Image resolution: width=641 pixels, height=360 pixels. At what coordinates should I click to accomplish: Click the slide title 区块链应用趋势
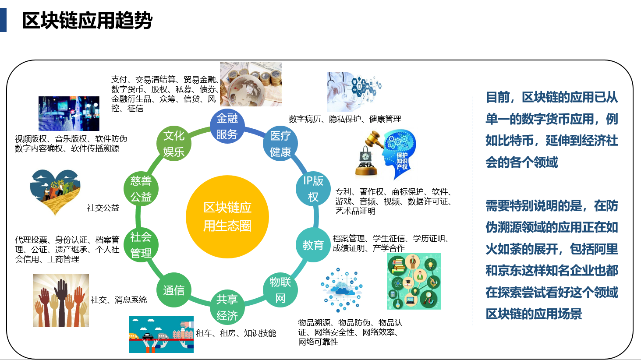coord(87,21)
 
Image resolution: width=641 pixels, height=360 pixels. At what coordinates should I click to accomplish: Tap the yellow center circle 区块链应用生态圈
coord(227,217)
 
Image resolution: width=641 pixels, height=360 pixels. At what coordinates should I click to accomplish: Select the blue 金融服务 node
coord(227,126)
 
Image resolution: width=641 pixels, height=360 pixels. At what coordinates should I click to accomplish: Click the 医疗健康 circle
coord(280,144)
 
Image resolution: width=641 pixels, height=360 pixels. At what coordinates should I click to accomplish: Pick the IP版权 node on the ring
coord(313,189)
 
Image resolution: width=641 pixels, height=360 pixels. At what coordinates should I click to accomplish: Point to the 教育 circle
coord(313,245)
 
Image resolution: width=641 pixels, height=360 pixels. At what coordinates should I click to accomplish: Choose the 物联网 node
coord(280,290)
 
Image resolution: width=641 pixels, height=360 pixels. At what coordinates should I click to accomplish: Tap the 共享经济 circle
coord(227,307)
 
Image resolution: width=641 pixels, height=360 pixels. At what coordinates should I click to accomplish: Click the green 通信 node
coord(174,290)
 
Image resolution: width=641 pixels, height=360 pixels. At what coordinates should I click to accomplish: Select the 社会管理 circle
coord(141,245)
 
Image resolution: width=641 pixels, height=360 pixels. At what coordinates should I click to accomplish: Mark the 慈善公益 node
coord(141,189)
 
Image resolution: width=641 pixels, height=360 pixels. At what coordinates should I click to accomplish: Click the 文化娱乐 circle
coord(174,144)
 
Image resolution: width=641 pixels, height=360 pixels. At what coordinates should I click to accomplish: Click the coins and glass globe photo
coord(251,84)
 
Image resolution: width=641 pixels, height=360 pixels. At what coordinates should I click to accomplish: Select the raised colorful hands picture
coord(61,300)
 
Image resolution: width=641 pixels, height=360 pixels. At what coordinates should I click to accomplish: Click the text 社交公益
coord(103,208)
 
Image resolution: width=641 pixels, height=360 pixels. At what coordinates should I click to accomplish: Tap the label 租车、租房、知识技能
coord(236,333)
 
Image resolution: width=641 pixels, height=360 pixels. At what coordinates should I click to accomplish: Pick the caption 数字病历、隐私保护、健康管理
coord(345,119)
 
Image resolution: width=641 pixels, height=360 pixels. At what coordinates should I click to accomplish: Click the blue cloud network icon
coord(342,289)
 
